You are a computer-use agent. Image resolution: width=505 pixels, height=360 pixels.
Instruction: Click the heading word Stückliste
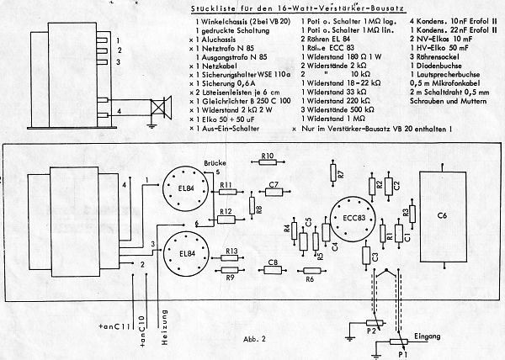click(205, 8)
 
